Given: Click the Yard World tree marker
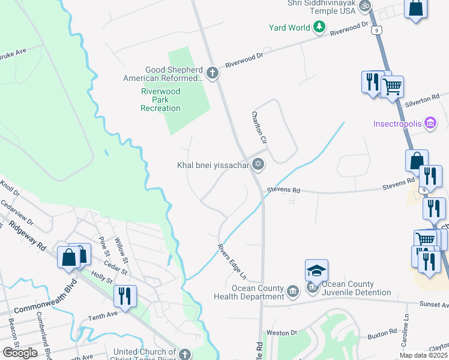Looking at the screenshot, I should [320, 27].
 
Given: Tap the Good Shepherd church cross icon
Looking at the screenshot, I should [212, 73].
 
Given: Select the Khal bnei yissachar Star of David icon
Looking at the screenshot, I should [258, 164].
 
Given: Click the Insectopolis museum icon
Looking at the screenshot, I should [430, 124].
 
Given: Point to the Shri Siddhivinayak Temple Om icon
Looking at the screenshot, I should [364, 6].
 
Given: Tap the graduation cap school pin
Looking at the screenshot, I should [316, 270].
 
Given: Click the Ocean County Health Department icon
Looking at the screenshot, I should [292, 292].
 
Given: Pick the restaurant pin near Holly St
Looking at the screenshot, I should [125, 296].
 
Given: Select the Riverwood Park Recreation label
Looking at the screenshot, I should [160, 100].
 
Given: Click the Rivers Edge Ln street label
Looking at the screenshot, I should [232, 260].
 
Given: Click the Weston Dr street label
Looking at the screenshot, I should [282, 332].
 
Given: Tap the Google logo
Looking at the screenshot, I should [20, 353].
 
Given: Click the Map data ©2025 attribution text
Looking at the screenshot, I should [424, 355].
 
